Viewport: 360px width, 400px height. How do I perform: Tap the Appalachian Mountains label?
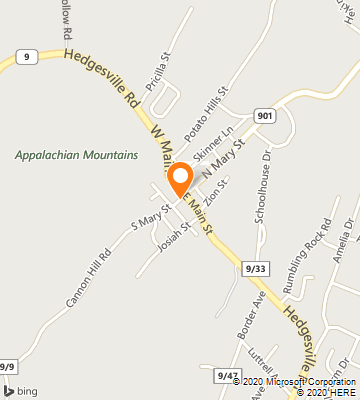(77, 155)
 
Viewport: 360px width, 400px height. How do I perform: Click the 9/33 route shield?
(255, 268)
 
